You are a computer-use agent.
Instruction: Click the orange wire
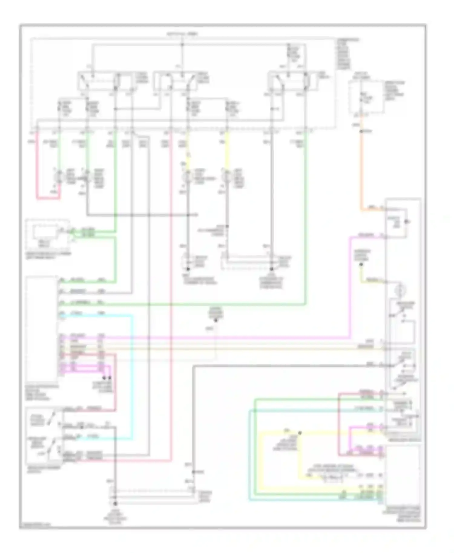coord(361,169)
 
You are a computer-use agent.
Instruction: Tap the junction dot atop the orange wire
coord(361,131)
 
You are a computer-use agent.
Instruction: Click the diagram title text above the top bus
coord(182,34)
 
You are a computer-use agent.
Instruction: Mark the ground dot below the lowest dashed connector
coord(115,504)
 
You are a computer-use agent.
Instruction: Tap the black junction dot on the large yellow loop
coord(300,433)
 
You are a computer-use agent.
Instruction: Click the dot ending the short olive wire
coord(361,265)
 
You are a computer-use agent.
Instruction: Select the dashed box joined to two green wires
coord(48,235)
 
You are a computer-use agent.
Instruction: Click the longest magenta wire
coord(212,337)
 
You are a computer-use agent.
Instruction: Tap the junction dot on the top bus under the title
coord(182,45)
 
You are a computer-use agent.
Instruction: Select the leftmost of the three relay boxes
coord(104,81)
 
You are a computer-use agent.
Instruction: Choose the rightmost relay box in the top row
coord(293,81)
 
